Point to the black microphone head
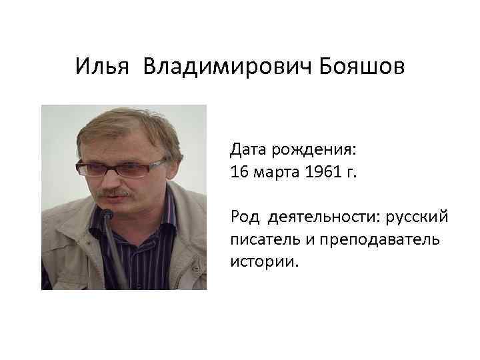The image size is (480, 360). tap(107, 215)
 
